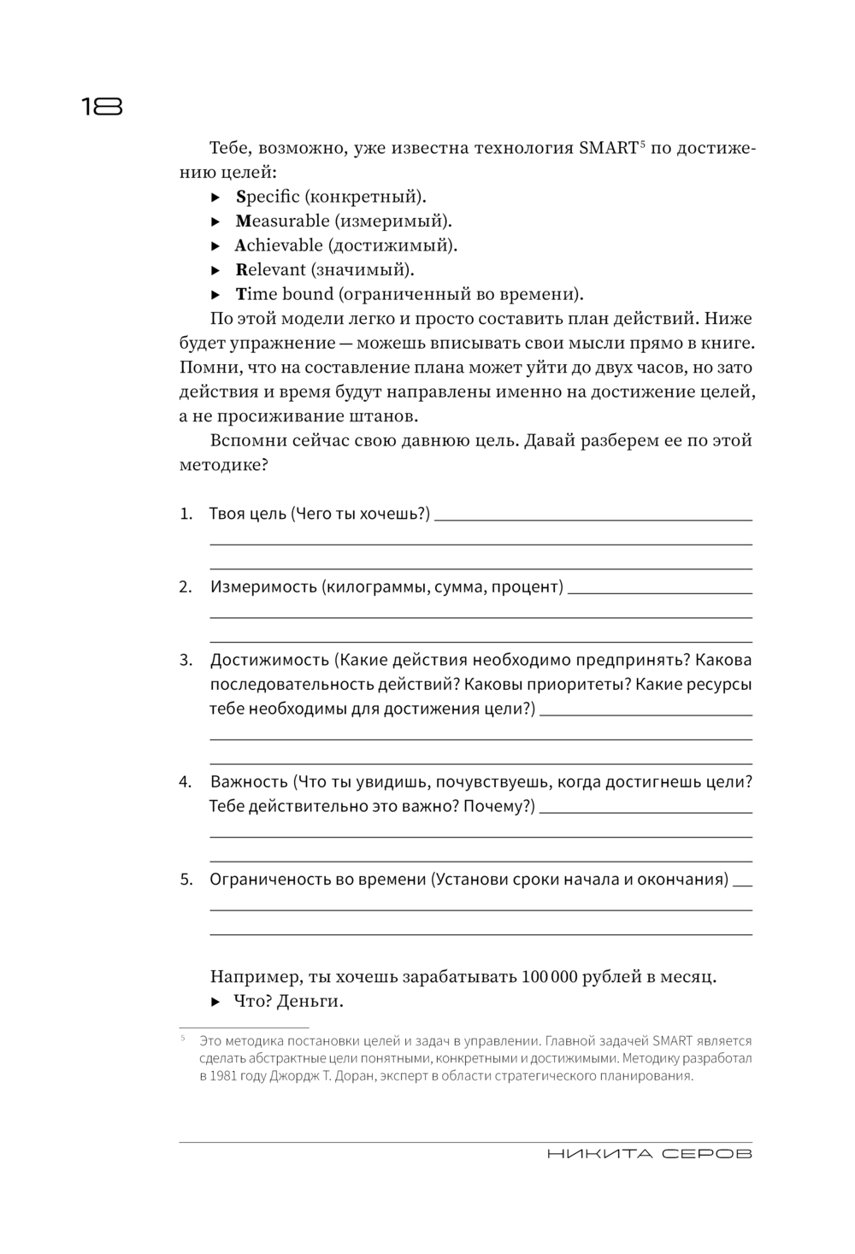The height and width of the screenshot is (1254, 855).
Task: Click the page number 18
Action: tap(102, 107)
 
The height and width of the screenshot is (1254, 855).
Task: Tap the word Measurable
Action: tap(281, 221)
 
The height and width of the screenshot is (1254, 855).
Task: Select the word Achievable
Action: tap(279, 245)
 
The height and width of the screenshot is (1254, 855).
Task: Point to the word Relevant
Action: tap(270, 270)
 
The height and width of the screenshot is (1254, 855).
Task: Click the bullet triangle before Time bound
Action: tap(216, 295)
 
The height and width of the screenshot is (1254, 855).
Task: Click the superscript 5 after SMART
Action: tap(642, 144)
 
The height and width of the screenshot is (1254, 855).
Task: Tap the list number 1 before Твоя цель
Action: tap(186, 515)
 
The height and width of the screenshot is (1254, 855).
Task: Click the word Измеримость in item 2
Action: tap(263, 587)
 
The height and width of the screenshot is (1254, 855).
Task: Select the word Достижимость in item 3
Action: tap(268, 661)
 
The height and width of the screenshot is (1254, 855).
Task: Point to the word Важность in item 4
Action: tap(249, 782)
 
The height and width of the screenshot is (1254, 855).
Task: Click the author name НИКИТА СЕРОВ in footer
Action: tap(649, 1154)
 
